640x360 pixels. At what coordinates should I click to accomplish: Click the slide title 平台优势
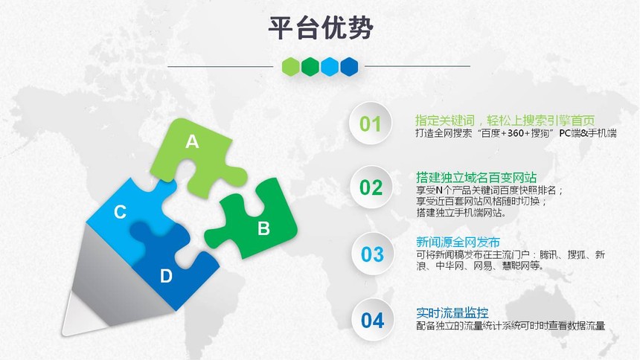click(x=321, y=28)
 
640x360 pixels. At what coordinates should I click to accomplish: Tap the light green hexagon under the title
click(x=291, y=66)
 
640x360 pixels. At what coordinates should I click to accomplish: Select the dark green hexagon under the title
click(x=310, y=66)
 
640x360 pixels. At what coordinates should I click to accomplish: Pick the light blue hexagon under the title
click(x=330, y=66)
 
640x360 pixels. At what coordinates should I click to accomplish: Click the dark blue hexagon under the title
click(x=349, y=66)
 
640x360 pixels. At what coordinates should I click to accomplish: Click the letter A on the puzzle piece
click(x=192, y=141)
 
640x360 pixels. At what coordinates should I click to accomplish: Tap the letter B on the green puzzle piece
click(x=263, y=228)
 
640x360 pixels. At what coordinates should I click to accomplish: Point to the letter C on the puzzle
click(x=120, y=212)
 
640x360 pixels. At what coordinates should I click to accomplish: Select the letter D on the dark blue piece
click(x=166, y=277)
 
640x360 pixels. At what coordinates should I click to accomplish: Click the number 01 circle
click(x=370, y=123)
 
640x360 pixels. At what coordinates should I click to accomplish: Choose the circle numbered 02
click(x=371, y=187)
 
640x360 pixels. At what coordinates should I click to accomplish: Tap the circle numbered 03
click(x=372, y=254)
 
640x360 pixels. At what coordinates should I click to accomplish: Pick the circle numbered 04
click(x=372, y=320)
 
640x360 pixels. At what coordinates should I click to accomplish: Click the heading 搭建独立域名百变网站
click(x=476, y=178)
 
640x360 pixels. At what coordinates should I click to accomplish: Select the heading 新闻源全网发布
click(x=458, y=242)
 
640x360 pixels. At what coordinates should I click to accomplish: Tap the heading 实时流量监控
click(x=452, y=313)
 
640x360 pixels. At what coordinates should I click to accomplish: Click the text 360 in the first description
click(x=516, y=133)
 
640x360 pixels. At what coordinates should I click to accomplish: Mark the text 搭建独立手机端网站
click(x=461, y=212)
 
